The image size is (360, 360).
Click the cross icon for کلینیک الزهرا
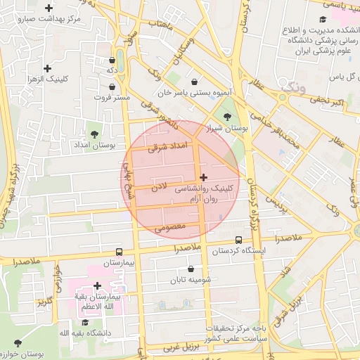[x=47, y=69]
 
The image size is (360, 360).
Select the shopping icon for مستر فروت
[x=112, y=86]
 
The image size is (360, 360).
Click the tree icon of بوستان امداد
[x=95, y=133]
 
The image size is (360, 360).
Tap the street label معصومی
[x=169, y=227]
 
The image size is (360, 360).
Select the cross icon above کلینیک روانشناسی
[x=204, y=177]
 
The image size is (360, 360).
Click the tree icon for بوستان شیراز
[x=226, y=117]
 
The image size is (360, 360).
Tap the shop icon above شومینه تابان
[x=191, y=269]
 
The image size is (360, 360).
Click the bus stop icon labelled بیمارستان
[x=118, y=252]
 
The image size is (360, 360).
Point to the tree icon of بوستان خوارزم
[x=18, y=342]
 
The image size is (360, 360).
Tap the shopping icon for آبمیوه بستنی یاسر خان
[x=194, y=81]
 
